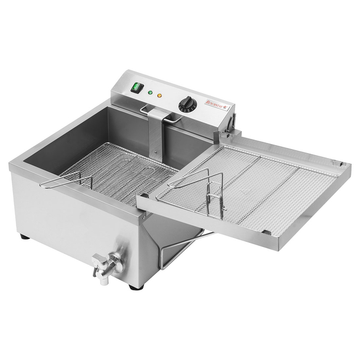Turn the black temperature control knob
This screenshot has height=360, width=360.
click(187, 105)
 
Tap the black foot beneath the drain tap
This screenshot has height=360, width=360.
click(133, 286)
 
